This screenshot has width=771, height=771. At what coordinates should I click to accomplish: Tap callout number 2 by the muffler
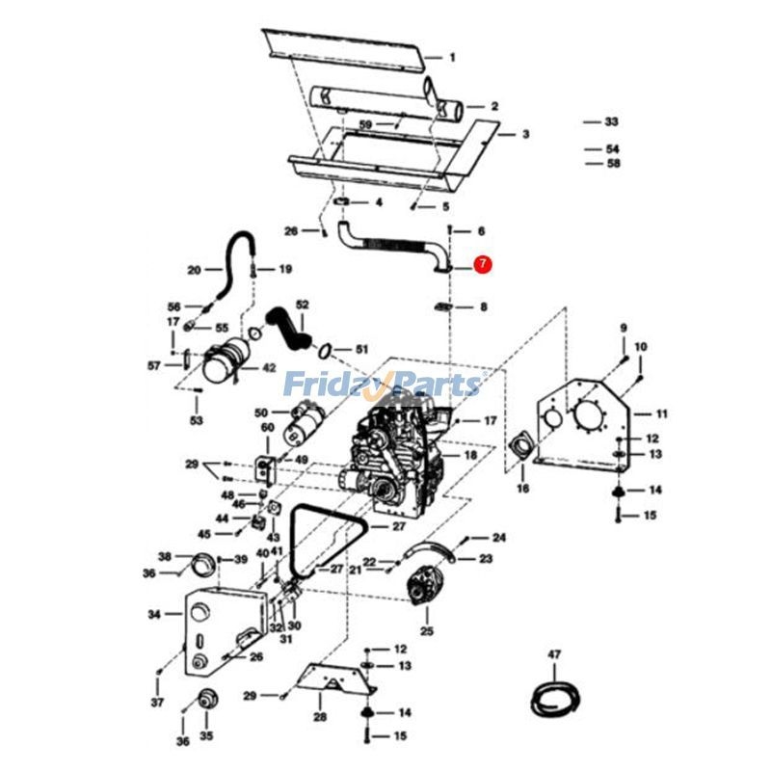pos(494,106)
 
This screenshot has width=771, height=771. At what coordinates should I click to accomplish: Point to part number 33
pos(611,122)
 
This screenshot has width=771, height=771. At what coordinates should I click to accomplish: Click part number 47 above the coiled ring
pos(554,655)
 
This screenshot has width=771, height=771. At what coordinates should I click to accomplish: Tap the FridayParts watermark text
pos(382,385)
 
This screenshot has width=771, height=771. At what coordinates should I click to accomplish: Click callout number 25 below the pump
pos(426,631)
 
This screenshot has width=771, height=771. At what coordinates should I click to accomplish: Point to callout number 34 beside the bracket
pos(154,613)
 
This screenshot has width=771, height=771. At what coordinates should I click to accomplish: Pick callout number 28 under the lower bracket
pos(320,717)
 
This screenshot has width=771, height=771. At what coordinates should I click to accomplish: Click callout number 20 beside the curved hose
pos(192,270)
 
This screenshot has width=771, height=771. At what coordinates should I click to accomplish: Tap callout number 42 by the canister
pos(269,367)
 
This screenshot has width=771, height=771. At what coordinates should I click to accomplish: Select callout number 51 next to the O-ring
pos(361,348)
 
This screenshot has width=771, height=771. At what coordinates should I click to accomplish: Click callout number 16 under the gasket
pos(523,489)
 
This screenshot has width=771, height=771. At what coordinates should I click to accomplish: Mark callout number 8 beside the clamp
pos(483,307)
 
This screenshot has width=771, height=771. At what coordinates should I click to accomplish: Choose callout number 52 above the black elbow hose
pos(302,305)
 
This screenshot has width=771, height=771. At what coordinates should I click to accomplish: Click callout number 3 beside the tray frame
pos(526,134)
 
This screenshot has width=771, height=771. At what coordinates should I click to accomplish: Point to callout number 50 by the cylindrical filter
pos(259,412)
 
